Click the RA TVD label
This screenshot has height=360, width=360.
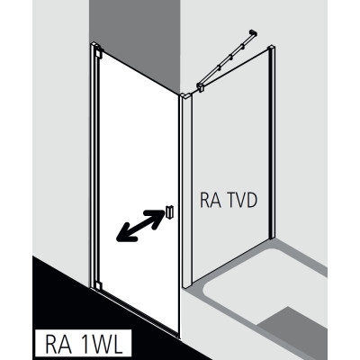[229, 200]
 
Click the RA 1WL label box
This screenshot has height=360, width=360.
[84, 345]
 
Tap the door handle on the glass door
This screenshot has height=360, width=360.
[168, 212]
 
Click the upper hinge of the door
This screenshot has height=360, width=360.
[98, 53]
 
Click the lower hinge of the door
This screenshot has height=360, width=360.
[97, 285]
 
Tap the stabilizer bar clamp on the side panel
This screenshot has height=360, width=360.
[201, 87]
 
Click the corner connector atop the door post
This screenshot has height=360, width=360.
[185, 95]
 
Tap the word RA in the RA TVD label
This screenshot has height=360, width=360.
[211, 200]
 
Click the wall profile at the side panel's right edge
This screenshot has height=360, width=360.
[272, 142]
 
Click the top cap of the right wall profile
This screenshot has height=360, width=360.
[272, 48]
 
